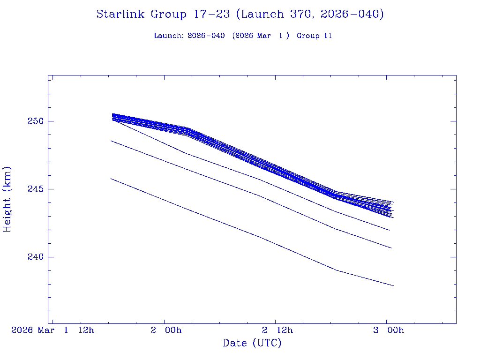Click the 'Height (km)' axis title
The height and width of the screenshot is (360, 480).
coord(7,199)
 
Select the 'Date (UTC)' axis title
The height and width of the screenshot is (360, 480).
coord(252,343)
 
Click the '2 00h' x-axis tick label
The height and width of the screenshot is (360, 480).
coord(166,330)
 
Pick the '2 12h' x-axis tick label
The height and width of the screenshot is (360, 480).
coord(277,330)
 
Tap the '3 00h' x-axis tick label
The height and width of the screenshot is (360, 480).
coord(389,330)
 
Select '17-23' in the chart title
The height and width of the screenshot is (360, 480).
coord(211,14)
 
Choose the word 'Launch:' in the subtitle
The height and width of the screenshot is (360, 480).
coord(169,36)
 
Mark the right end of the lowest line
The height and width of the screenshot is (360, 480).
coord(393,285)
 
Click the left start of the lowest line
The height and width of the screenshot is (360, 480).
coord(111,179)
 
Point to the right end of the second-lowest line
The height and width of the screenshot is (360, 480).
coord(391,248)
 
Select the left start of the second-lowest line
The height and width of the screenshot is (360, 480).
coord(111,141)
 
